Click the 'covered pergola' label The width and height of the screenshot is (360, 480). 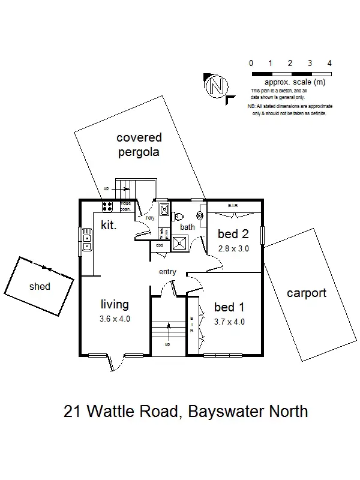pyautogui.click(x=139, y=145)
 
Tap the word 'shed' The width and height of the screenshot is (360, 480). pyautogui.click(x=40, y=286)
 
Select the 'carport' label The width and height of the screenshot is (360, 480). pyautogui.click(x=306, y=293)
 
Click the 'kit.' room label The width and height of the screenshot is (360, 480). pyautogui.click(x=108, y=226)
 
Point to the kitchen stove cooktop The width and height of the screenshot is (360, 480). pyautogui.click(x=108, y=207)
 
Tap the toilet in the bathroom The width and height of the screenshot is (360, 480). pyautogui.click(x=178, y=217)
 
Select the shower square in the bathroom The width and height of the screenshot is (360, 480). pyautogui.click(x=178, y=242)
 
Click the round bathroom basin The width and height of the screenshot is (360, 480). pyautogui.click(x=200, y=215)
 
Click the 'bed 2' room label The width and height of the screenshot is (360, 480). pyautogui.click(x=234, y=234)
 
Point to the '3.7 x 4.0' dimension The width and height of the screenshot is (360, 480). pyautogui.click(x=230, y=321)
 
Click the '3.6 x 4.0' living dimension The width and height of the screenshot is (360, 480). pyautogui.click(x=114, y=319)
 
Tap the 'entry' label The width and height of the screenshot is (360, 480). pyautogui.click(x=167, y=272)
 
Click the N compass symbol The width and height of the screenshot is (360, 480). pyautogui.click(x=214, y=87)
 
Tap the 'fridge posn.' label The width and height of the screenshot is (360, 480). pyautogui.click(x=126, y=206)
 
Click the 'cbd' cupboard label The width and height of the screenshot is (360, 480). pyautogui.click(x=160, y=245)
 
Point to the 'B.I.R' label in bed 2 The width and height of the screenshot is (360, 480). pyautogui.click(x=233, y=206)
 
